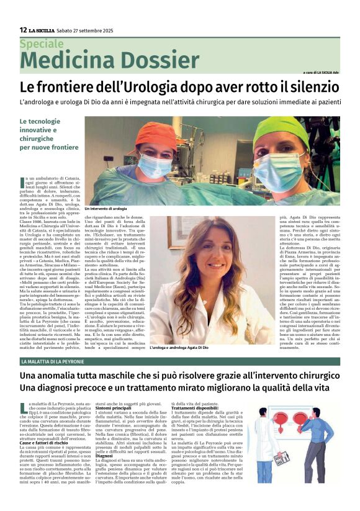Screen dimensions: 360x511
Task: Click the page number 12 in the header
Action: (23, 29)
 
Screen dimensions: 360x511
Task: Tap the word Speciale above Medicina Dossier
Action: (42, 44)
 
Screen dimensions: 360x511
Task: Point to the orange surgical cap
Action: (156, 135)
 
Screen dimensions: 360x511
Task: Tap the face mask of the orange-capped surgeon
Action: (155, 165)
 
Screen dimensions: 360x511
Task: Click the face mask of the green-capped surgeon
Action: (278, 170)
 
